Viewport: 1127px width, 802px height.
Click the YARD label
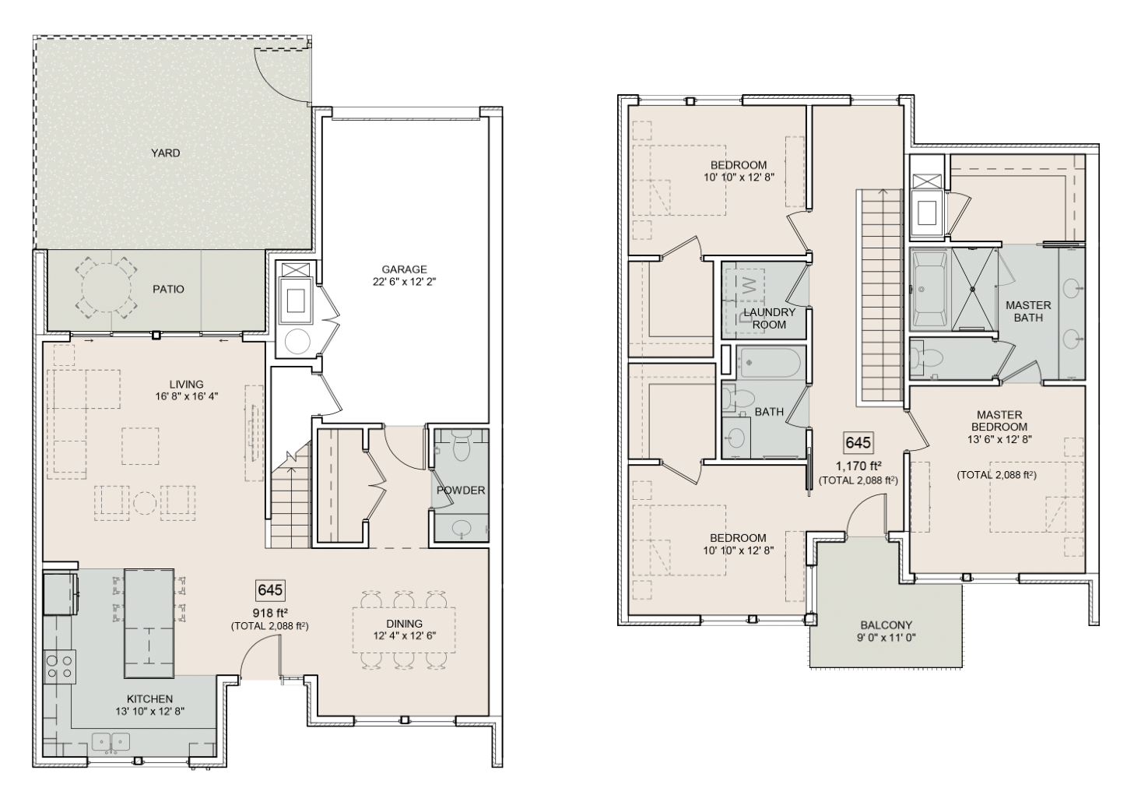[x=165, y=153]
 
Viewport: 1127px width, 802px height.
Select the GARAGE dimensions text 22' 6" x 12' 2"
[x=404, y=283]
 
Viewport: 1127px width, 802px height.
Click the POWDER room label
[x=461, y=491]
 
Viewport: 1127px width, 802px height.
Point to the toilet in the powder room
[x=460, y=450]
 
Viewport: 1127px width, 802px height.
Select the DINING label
[x=404, y=623]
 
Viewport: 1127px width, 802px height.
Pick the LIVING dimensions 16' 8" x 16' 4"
[x=186, y=396]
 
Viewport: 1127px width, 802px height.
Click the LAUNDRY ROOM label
[x=769, y=318]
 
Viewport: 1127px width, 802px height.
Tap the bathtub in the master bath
[x=927, y=289]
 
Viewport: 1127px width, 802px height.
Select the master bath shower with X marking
[x=973, y=289]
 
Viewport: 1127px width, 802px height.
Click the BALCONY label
[x=886, y=624]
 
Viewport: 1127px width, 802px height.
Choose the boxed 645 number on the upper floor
[x=858, y=442]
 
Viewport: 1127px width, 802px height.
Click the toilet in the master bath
[x=929, y=358]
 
